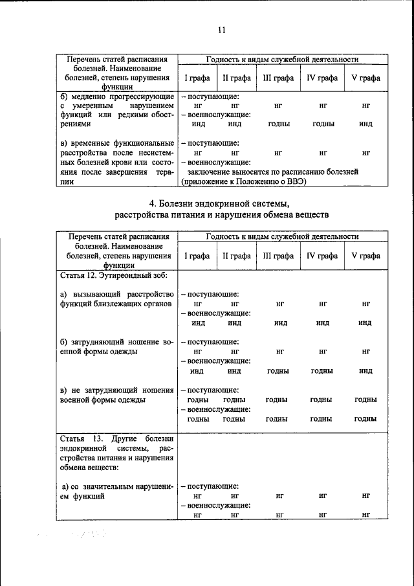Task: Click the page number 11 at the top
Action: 221,30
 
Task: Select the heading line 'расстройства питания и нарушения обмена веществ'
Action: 222,214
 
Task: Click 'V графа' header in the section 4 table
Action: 365,256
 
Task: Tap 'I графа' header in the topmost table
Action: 197,78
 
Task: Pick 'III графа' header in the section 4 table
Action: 278,256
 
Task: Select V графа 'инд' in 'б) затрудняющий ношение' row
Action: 365,371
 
